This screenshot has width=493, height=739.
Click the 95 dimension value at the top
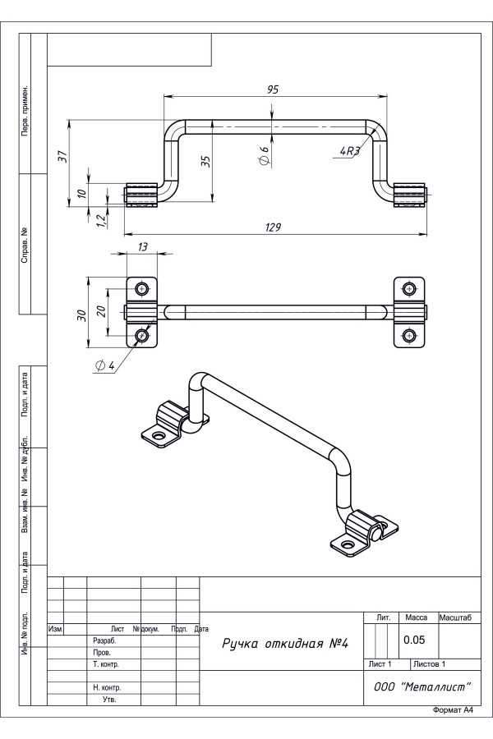pos(272,90)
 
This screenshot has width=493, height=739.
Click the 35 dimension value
pos(205,161)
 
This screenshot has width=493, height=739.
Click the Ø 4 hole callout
pos(104,366)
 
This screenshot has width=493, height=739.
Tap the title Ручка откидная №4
pos(285,642)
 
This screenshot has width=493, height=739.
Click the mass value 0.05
pos(412,639)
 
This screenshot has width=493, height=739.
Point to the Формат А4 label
pos(454,709)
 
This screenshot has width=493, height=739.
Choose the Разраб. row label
pos(104,640)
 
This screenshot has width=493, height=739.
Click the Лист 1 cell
pos(380,663)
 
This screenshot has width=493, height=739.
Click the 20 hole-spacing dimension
pos(100,311)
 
